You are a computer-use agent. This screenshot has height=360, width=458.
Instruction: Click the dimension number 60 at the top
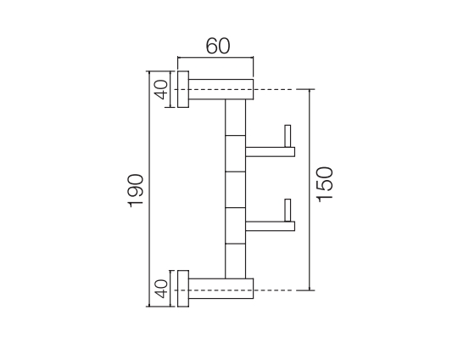218,46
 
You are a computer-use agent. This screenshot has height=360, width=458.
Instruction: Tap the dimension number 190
136,191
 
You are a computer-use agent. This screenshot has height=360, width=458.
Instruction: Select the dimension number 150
325,184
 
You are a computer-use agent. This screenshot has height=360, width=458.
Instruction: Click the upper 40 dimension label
161,89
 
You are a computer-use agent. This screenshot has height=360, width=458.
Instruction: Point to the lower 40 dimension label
161,289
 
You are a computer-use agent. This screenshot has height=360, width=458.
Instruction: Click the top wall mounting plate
183,89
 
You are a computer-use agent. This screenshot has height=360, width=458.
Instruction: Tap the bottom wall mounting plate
183,289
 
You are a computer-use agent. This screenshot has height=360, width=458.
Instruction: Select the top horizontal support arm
221,89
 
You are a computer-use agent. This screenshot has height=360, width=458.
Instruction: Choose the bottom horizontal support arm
221,289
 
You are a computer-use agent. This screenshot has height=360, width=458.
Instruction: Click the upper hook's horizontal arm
271,152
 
